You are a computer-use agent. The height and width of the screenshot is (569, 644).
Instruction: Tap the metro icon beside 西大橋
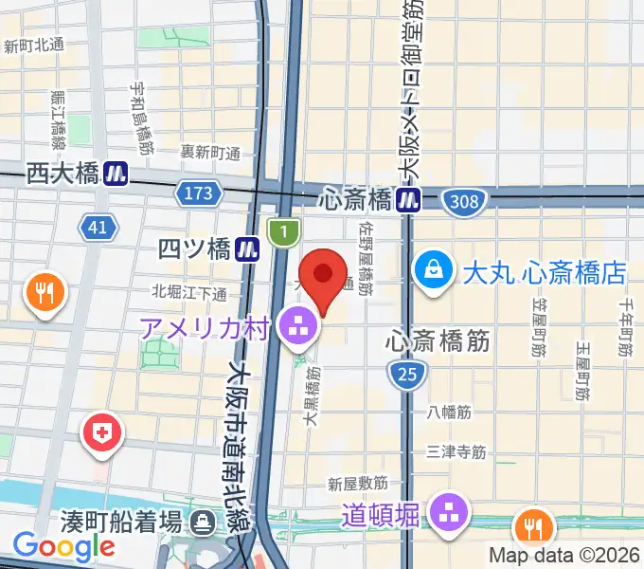(116, 174)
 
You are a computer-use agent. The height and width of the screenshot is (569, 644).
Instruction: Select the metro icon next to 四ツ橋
(249, 248)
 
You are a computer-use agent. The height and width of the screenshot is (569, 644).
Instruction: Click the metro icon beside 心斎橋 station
(409, 200)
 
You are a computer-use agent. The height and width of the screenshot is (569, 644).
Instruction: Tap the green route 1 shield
(283, 230)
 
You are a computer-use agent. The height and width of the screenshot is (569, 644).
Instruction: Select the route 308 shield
(465, 201)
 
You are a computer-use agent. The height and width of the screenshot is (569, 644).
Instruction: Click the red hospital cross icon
(103, 434)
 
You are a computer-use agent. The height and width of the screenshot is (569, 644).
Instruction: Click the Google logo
(64, 545)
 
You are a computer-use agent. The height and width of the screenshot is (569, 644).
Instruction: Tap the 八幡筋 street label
(449, 412)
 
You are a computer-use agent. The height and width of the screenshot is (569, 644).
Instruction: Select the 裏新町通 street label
(211, 152)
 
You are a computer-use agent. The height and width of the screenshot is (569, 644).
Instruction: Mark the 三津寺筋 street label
(456, 452)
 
